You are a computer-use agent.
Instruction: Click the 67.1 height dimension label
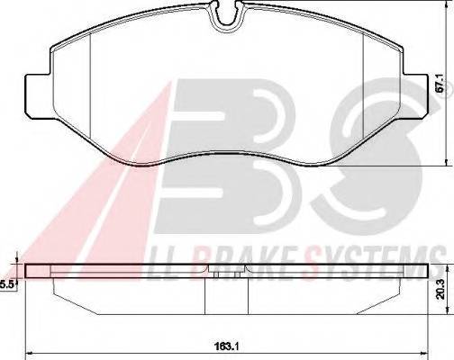pyautogui.click(x=440, y=89)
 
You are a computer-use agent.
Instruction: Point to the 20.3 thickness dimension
pyautogui.click(x=440, y=288)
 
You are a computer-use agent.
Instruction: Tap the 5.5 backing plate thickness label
pyautogui.click(x=8, y=283)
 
